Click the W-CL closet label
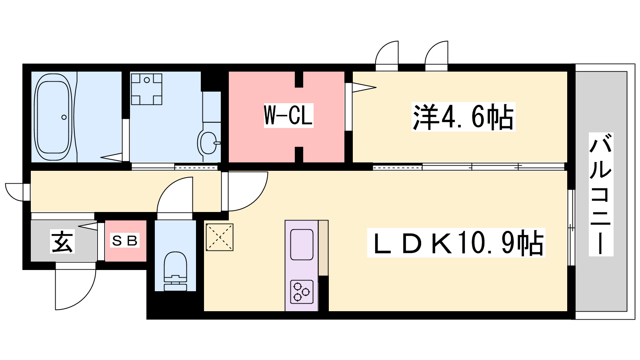tap(288, 116)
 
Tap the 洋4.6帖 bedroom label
tap(463, 116)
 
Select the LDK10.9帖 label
tap(456, 242)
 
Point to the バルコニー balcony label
tap(601, 194)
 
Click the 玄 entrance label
tap(62, 242)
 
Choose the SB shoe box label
tap(125, 240)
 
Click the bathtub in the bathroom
tap(53, 117)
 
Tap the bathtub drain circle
tap(64, 117)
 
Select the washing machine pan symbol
tap(146, 89)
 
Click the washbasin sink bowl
tap(208, 143)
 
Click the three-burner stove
tap(302, 292)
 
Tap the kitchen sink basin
tap(302, 244)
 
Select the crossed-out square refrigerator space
tap(220, 237)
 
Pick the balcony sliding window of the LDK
tap(571, 228)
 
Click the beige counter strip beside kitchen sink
tap(324, 248)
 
